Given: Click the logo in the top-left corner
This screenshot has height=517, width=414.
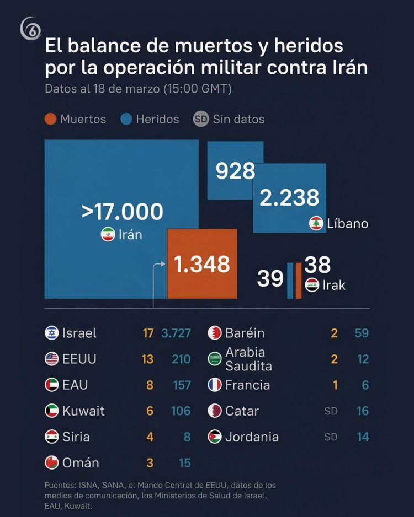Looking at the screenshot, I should coord(31,29).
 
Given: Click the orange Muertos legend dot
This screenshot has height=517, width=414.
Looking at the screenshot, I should coord(51,119).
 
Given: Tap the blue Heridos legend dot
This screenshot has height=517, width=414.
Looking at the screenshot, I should coord(126,119).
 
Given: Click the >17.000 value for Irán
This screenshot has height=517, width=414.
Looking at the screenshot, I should coord(122,212).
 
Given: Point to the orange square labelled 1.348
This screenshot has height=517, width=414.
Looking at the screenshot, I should coord(202,264).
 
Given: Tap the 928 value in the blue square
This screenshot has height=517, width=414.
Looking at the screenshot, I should coord(235,171).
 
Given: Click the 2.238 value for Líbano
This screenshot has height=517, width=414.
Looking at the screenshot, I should coord(289,197).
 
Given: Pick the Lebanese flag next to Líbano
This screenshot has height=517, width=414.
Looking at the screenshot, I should coord(316,223).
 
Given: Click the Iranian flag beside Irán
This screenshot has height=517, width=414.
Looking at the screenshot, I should coord(108,235).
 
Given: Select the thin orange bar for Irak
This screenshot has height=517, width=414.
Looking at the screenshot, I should coord(299,281).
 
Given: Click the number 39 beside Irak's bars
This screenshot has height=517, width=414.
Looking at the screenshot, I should coord(270,279).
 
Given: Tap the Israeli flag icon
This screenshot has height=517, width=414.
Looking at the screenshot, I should coord(52,333).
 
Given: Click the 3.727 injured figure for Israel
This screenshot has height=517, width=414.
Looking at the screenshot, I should coord(176,333).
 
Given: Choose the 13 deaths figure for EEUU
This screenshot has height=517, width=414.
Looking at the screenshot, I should coord(147,359).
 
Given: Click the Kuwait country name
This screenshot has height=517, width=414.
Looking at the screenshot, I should coord(83,411).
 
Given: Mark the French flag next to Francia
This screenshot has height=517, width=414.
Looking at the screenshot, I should coord(215,385).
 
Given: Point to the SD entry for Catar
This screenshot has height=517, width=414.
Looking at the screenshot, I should coord(331,411).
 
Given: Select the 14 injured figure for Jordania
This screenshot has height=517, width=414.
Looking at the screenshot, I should coord(362,437).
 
